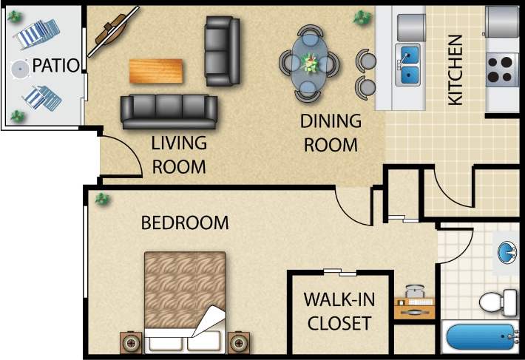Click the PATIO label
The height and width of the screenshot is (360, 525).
[55, 65]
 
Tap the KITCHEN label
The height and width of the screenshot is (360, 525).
[456, 70]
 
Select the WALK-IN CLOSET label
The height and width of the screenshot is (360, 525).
[339, 311]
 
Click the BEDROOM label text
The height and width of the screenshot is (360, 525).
[185, 223]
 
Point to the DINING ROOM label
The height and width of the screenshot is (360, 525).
[331, 132]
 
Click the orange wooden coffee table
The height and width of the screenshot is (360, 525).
[157, 71]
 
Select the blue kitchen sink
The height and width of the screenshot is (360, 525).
[409, 65]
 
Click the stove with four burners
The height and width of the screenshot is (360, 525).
[502, 69]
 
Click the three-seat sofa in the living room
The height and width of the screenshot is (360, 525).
[169, 112]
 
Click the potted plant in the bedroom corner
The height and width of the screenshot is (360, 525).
[101, 198]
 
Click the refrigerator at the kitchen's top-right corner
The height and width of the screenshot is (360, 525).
[504, 22]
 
